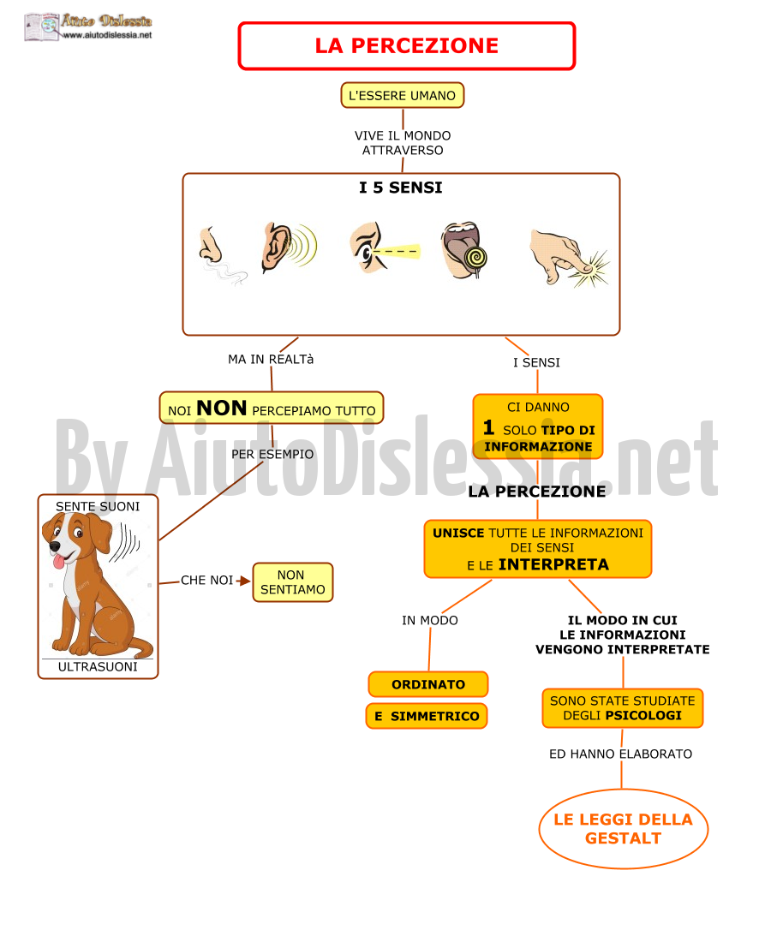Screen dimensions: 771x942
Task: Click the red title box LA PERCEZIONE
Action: coord(407,45)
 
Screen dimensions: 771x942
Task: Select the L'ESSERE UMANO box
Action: coord(402,96)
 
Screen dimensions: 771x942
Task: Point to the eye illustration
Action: coord(385,247)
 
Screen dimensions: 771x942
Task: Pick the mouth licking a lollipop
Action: coord(463,250)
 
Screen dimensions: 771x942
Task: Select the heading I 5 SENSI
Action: coord(401,188)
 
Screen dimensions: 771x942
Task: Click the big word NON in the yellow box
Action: coord(221,408)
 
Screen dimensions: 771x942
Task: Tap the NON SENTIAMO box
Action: coord(293,582)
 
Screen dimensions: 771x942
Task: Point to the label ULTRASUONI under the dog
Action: coord(98,667)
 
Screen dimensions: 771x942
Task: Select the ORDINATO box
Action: coord(427,684)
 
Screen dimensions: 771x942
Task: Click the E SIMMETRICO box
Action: coord(427,716)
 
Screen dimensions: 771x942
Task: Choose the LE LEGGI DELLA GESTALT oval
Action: coord(623,828)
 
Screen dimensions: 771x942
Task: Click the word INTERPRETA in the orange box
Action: coord(553,564)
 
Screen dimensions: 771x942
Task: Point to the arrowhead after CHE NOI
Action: coord(244,581)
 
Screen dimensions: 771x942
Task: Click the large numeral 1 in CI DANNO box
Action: coord(488,427)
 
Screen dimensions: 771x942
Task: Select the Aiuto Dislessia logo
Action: coord(88,27)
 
